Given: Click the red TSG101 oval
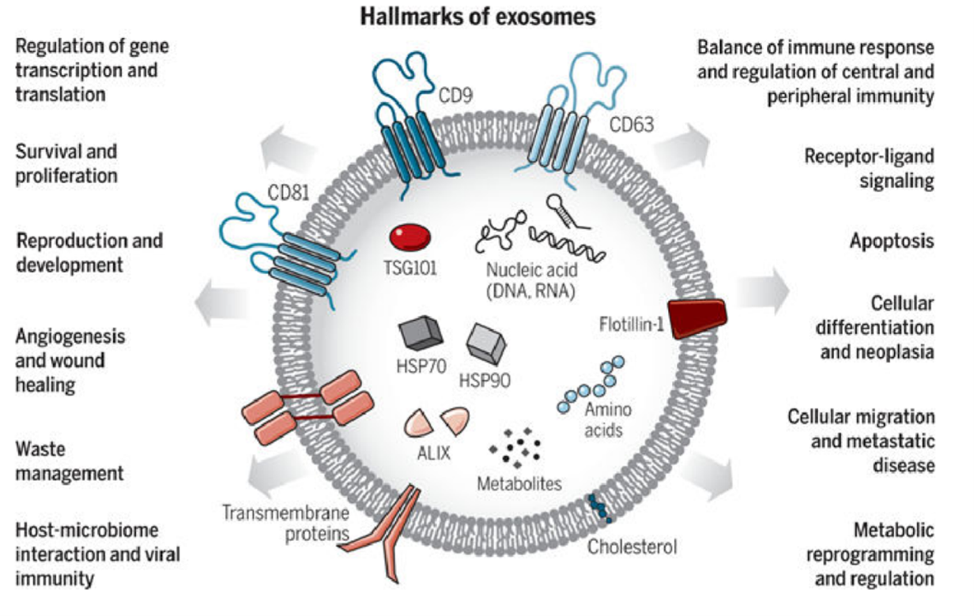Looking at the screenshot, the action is [410, 237].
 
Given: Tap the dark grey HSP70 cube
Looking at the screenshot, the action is [420, 332].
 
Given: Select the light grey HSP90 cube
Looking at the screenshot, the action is [486, 344].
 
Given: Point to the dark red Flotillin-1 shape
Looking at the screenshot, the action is [697, 318].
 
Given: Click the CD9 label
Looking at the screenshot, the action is [455, 96].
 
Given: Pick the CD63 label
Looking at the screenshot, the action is [632, 125].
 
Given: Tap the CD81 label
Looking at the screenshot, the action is [288, 193].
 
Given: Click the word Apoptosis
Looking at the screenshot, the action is [892, 242].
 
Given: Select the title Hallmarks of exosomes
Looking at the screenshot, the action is [478, 17].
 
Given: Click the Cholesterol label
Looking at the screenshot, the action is [632, 547].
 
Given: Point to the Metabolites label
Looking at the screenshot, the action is [519, 484].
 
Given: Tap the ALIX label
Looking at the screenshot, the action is [433, 453].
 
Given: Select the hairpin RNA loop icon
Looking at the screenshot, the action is [565, 211].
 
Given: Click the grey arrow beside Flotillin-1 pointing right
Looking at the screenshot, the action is [763, 291].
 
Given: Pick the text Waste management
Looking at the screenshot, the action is [70, 461].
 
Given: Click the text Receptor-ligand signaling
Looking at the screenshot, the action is [869, 168].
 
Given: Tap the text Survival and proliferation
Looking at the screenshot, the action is [66, 163].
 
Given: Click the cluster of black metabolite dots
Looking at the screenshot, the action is [515, 448].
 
